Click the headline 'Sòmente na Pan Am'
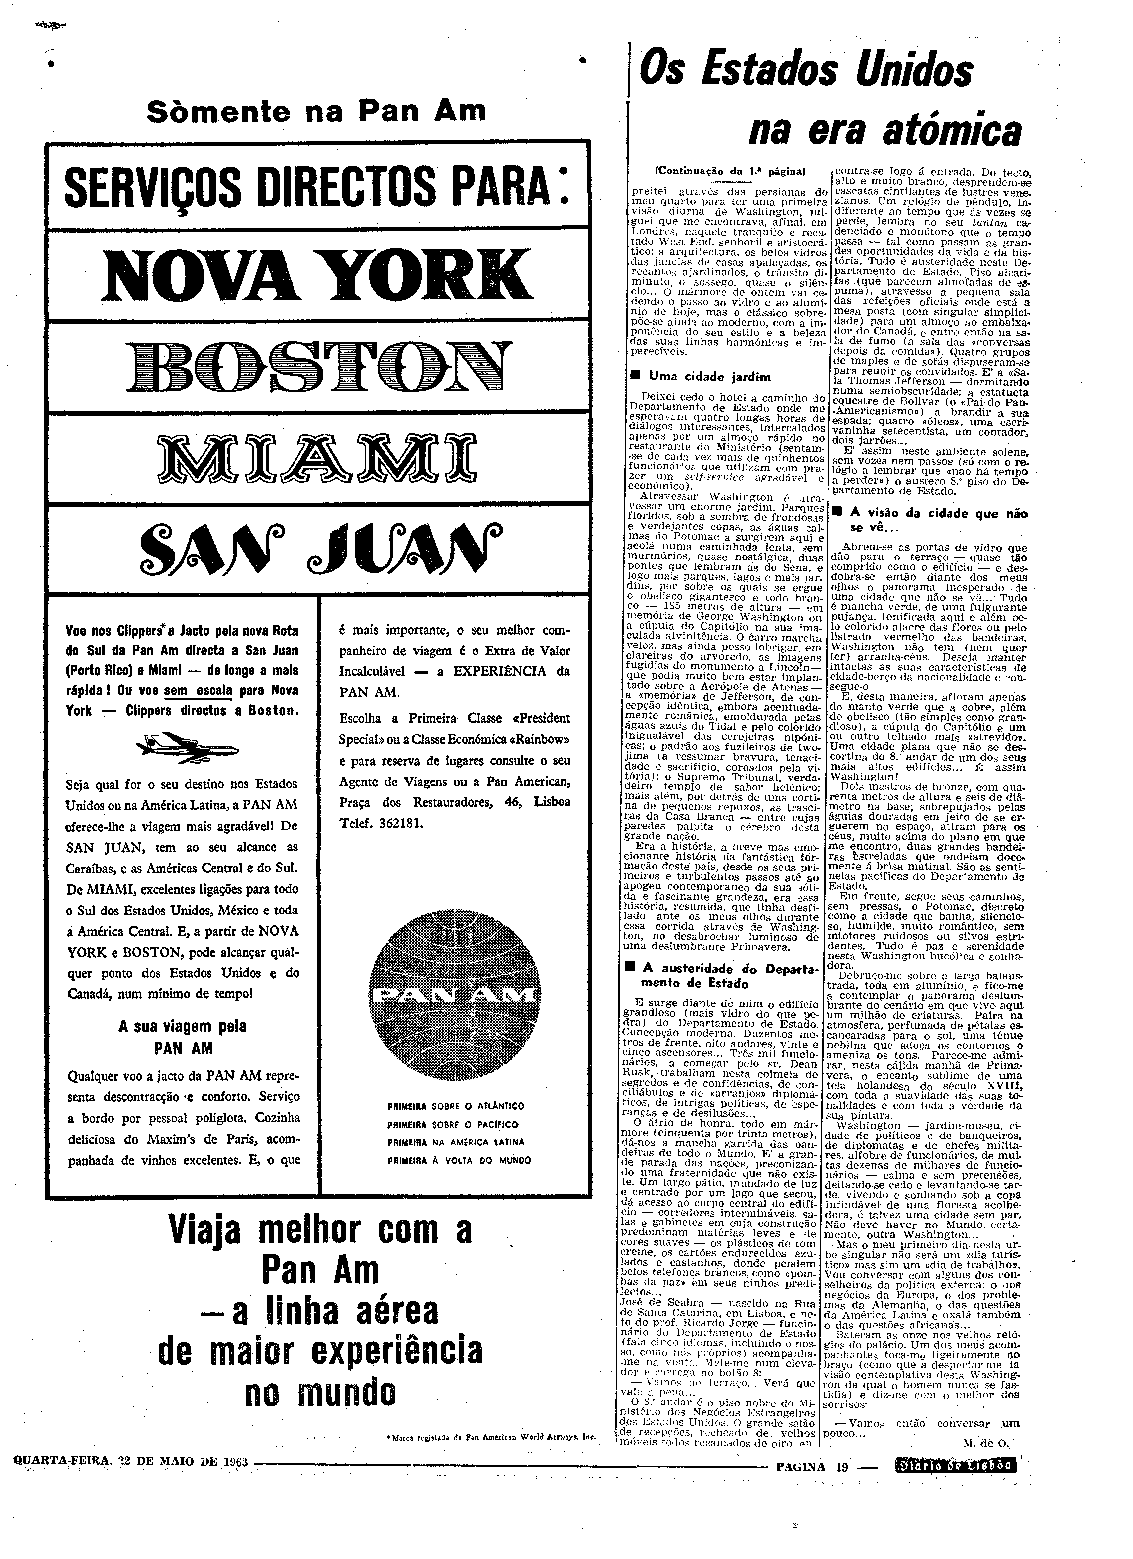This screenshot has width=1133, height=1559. tap(316, 111)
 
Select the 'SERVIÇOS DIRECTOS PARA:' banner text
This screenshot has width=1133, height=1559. tap(316, 186)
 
